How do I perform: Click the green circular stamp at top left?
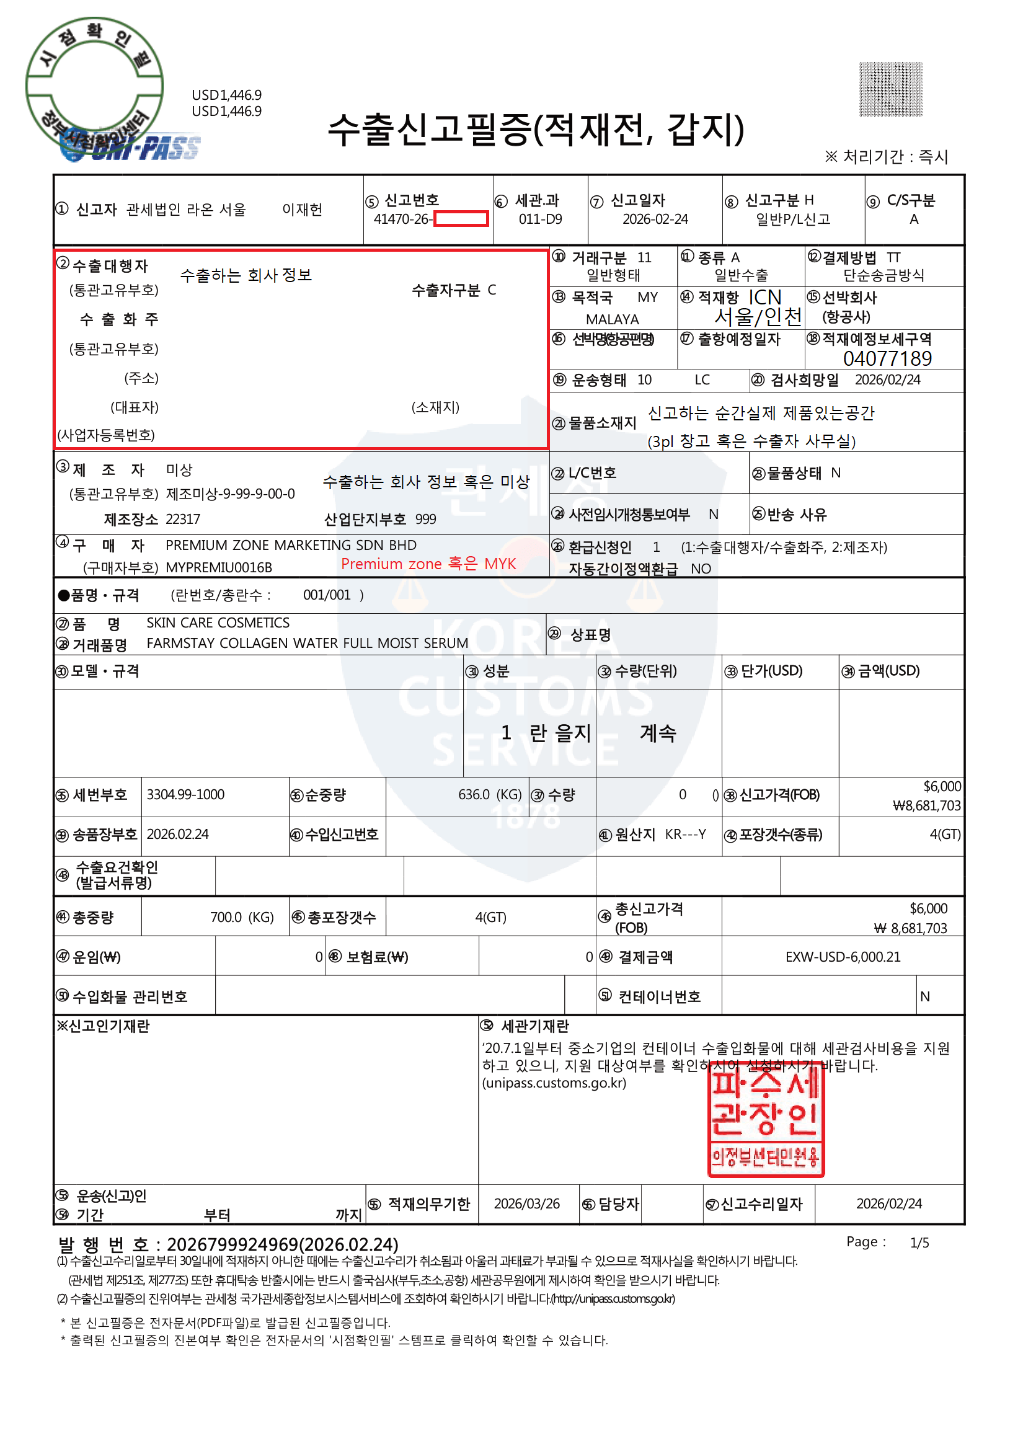(95, 85)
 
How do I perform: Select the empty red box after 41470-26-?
(461, 219)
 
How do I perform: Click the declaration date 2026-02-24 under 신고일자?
(655, 219)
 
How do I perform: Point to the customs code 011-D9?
(539, 219)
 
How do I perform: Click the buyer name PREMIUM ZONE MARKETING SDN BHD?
(290, 545)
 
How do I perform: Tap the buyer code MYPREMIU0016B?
(218, 567)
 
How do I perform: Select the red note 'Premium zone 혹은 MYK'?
(428, 564)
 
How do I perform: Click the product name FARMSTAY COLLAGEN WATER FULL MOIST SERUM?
(307, 643)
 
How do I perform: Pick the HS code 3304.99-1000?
(185, 794)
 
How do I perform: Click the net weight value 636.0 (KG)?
(489, 794)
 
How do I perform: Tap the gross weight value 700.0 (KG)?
(242, 917)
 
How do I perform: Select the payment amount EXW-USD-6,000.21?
(842, 957)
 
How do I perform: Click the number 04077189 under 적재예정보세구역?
(887, 358)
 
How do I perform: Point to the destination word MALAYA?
(611, 319)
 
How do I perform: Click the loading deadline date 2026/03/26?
(526, 1203)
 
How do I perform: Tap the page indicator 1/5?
(919, 1243)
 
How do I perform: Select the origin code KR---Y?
(684, 835)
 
